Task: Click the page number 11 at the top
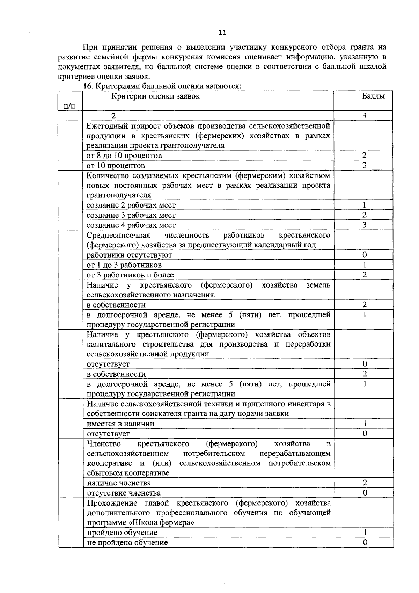pyautogui.click(x=222, y=32)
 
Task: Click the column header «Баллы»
pyautogui.click(x=373, y=96)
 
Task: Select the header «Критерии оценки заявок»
pyautogui.click(x=155, y=96)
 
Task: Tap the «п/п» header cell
pyautogui.click(x=69, y=106)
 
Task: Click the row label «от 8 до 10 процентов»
pyautogui.click(x=124, y=155)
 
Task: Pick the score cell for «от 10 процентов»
pyautogui.click(x=364, y=165)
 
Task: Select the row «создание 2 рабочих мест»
pyautogui.click(x=131, y=205)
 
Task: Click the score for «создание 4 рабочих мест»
pyautogui.click(x=364, y=225)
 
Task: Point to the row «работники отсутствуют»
pyautogui.click(x=129, y=255)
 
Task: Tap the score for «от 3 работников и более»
pyautogui.click(x=364, y=275)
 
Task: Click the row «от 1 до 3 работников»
pyautogui.click(x=124, y=265)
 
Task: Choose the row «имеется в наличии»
pyautogui.click(x=120, y=424)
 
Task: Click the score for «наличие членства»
pyautogui.click(x=365, y=483)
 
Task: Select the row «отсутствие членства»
pyautogui.click(x=124, y=493)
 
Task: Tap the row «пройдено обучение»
pyautogui.click(x=122, y=533)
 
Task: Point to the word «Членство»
pyautogui.click(x=104, y=444)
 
